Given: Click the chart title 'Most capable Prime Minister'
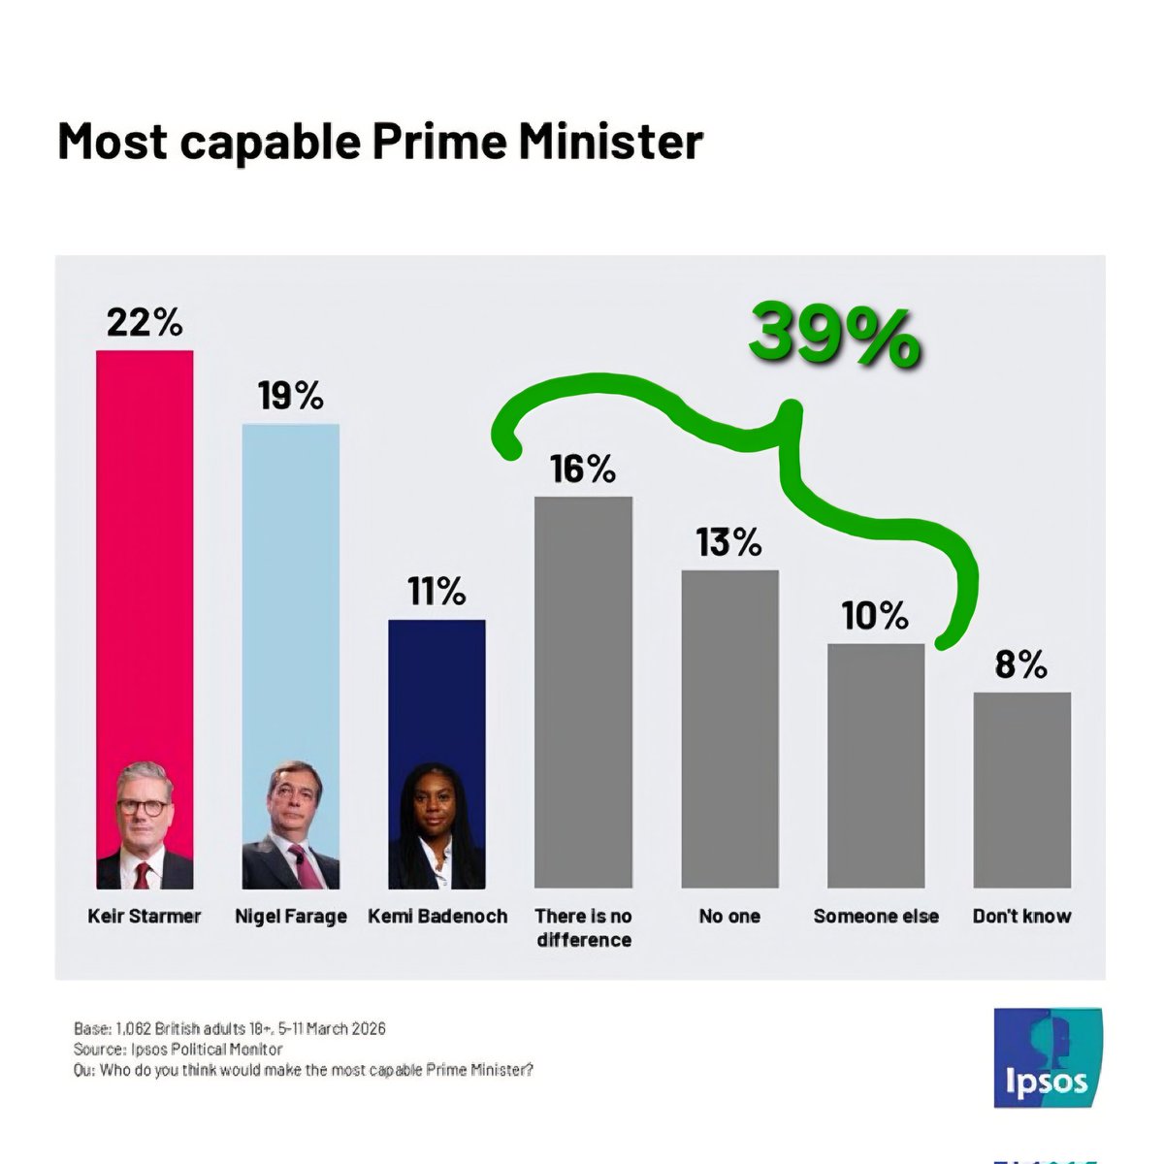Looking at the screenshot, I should pyautogui.click(x=379, y=142).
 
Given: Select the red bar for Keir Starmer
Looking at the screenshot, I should pyautogui.click(x=145, y=553).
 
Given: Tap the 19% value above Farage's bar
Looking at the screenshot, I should pyautogui.click(x=290, y=396).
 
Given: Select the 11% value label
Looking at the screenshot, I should pyautogui.click(x=436, y=591).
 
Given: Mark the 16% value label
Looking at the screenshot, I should pyautogui.click(x=583, y=469).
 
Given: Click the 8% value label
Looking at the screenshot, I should pyautogui.click(x=1021, y=664).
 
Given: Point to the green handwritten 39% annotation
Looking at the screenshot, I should pyautogui.click(x=833, y=336).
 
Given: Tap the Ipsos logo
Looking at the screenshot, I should pyautogui.click(x=1047, y=1057).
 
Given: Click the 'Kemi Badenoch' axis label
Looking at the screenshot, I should pyautogui.click(x=436, y=916).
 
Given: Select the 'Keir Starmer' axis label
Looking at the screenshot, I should pyautogui.click(x=145, y=916).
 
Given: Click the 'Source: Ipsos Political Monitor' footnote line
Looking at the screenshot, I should pyautogui.click(x=178, y=1050).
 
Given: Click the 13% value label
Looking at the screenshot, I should pyautogui.click(x=729, y=542).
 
